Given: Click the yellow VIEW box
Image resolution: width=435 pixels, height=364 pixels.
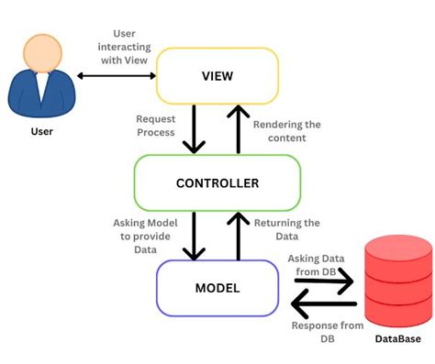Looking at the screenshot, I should pos(217,75).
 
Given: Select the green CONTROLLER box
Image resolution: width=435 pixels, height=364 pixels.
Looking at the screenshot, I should pos(217,182).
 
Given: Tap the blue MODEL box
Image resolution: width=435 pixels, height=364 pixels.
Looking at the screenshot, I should pos(217,288).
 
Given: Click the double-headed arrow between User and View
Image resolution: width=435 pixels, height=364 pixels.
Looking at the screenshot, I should pos(117,75).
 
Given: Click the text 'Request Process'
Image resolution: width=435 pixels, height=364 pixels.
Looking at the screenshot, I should pos(156,127).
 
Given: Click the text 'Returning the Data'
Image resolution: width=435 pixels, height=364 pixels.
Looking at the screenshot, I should pos(285,229).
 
